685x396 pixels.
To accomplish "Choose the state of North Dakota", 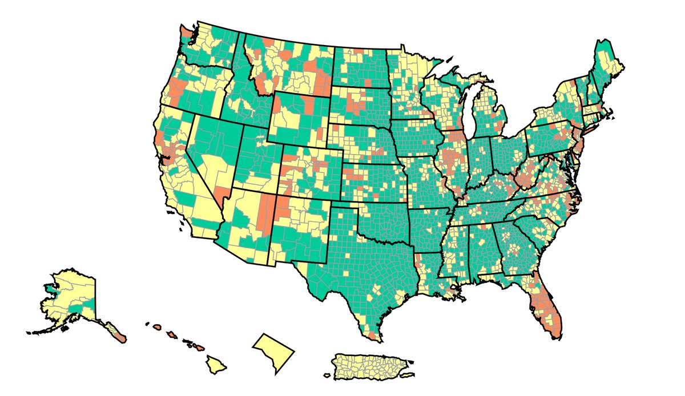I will point(360,66).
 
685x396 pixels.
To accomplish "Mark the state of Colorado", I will point(311,171).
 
